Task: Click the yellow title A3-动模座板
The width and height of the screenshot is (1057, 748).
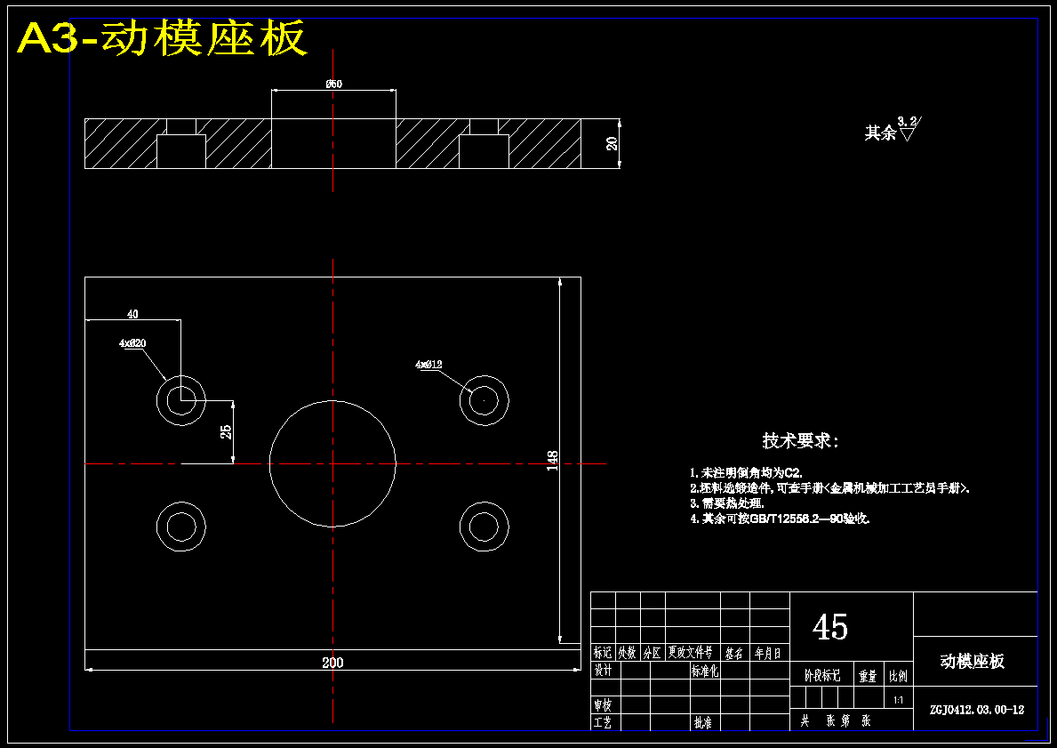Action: pyautogui.click(x=163, y=38)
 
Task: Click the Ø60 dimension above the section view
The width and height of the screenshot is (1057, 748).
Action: pyautogui.click(x=333, y=84)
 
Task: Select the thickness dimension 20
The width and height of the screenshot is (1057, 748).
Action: pyautogui.click(x=612, y=143)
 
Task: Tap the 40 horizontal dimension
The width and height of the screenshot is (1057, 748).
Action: pyautogui.click(x=132, y=314)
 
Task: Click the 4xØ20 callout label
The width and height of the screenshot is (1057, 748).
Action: pyautogui.click(x=132, y=342)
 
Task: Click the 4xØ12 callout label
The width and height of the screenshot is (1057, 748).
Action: pyautogui.click(x=428, y=364)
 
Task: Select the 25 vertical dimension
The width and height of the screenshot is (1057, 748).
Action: pyautogui.click(x=227, y=431)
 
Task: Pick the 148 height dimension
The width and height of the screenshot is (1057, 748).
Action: pyautogui.click(x=553, y=460)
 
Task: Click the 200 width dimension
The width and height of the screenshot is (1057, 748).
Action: pyautogui.click(x=332, y=662)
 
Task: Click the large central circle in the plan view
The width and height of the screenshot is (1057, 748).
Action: pyautogui.click(x=332, y=463)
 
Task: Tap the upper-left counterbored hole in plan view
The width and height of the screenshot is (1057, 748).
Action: pyautogui.click(x=181, y=399)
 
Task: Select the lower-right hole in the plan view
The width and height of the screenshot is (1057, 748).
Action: pyautogui.click(x=484, y=526)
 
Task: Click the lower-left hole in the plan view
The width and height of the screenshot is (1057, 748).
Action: pyautogui.click(x=181, y=526)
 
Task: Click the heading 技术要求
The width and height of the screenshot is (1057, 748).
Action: pyautogui.click(x=800, y=441)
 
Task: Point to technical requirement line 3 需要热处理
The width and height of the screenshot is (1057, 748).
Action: pyautogui.click(x=726, y=503)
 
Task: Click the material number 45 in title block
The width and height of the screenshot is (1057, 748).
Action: pyautogui.click(x=830, y=628)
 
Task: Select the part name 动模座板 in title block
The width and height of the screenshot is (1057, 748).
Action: pyautogui.click(x=973, y=661)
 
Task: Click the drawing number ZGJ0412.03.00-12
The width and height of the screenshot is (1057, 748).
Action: pyautogui.click(x=976, y=710)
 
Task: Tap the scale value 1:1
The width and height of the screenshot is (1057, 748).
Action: pyautogui.click(x=898, y=700)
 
